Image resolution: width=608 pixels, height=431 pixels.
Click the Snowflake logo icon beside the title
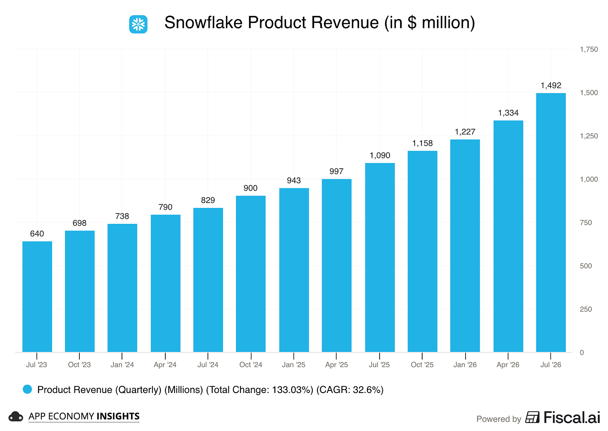pyautogui.click(x=138, y=24)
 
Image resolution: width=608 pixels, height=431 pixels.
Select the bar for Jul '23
pyautogui.click(x=37, y=297)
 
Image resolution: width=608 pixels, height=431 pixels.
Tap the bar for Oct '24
pyautogui.click(x=251, y=274)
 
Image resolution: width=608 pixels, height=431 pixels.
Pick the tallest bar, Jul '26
pyautogui.click(x=551, y=223)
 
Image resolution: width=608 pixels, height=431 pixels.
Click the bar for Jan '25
pyautogui.click(x=294, y=270)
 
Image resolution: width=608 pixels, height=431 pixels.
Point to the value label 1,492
pyautogui.click(x=551, y=86)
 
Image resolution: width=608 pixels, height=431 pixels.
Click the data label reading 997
pyautogui.click(x=336, y=171)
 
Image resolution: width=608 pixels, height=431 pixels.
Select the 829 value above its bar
pyautogui.click(x=208, y=200)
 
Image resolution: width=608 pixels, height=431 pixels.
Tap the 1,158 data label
pyautogui.click(x=422, y=143)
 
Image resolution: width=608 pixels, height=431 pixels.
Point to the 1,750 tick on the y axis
pyautogui.click(x=589, y=49)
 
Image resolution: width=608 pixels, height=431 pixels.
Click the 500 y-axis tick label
pyautogui.click(x=586, y=266)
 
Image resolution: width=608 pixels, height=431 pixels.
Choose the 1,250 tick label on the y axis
pyautogui.click(x=589, y=136)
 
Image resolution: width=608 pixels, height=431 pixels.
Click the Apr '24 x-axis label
pyautogui.click(x=165, y=365)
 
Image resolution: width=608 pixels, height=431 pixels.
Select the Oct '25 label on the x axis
pyautogui.click(x=422, y=365)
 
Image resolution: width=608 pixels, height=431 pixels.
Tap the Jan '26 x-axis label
pyautogui.click(x=465, y=365)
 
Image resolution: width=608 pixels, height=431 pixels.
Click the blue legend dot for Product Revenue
pyautogui.click(x=28, y=390)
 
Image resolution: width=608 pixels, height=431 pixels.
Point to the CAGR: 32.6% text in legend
pyautogui.click(x=350, y=390)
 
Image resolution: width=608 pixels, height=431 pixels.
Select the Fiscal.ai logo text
pyautogui.click(x=572, y=418)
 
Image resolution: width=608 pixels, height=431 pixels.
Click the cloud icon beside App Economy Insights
pyautogui.click(x=15, y=417)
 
